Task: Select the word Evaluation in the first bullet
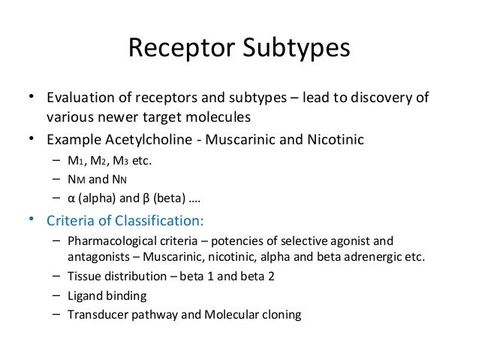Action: [x=79, y=98]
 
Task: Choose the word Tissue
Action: [x=84, y=277]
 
